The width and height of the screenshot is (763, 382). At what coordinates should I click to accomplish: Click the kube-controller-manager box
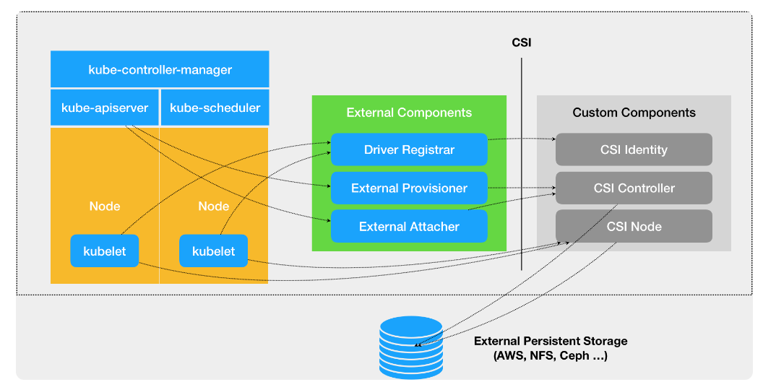point(160,69)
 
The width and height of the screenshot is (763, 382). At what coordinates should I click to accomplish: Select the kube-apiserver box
point(105,108)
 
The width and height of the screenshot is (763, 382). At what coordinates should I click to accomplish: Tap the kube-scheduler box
point(215,108)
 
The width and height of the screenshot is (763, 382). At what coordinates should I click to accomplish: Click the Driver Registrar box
point(409,149)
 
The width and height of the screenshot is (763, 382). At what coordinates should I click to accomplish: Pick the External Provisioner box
point(409,188)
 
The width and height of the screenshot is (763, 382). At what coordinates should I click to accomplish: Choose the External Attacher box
point(409,226)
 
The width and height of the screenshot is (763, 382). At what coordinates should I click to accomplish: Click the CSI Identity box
point(634,149)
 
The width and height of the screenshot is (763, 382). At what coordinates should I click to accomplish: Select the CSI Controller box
point(634,188)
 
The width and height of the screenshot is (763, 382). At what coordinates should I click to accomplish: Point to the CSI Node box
point(634,226)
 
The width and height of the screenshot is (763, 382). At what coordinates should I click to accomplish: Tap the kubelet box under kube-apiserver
point(105,251)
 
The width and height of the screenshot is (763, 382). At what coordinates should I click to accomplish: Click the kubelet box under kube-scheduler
point(213,251)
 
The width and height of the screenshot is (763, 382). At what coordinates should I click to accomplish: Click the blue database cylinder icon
point(410,347)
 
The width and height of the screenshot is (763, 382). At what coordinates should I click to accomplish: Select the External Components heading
point(409,113)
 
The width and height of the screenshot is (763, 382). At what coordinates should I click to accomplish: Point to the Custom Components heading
point(634,113)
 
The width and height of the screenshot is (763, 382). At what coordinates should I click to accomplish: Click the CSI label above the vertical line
point(521,43)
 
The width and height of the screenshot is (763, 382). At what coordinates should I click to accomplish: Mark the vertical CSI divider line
point(521,166)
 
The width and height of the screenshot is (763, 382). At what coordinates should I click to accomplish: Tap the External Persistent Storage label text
point(551,348)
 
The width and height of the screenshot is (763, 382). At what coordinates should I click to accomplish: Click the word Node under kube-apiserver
point(105,206)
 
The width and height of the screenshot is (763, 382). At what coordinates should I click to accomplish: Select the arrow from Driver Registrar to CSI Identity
point(521,138)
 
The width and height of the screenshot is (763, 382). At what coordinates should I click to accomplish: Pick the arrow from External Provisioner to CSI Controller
point(521,188)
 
